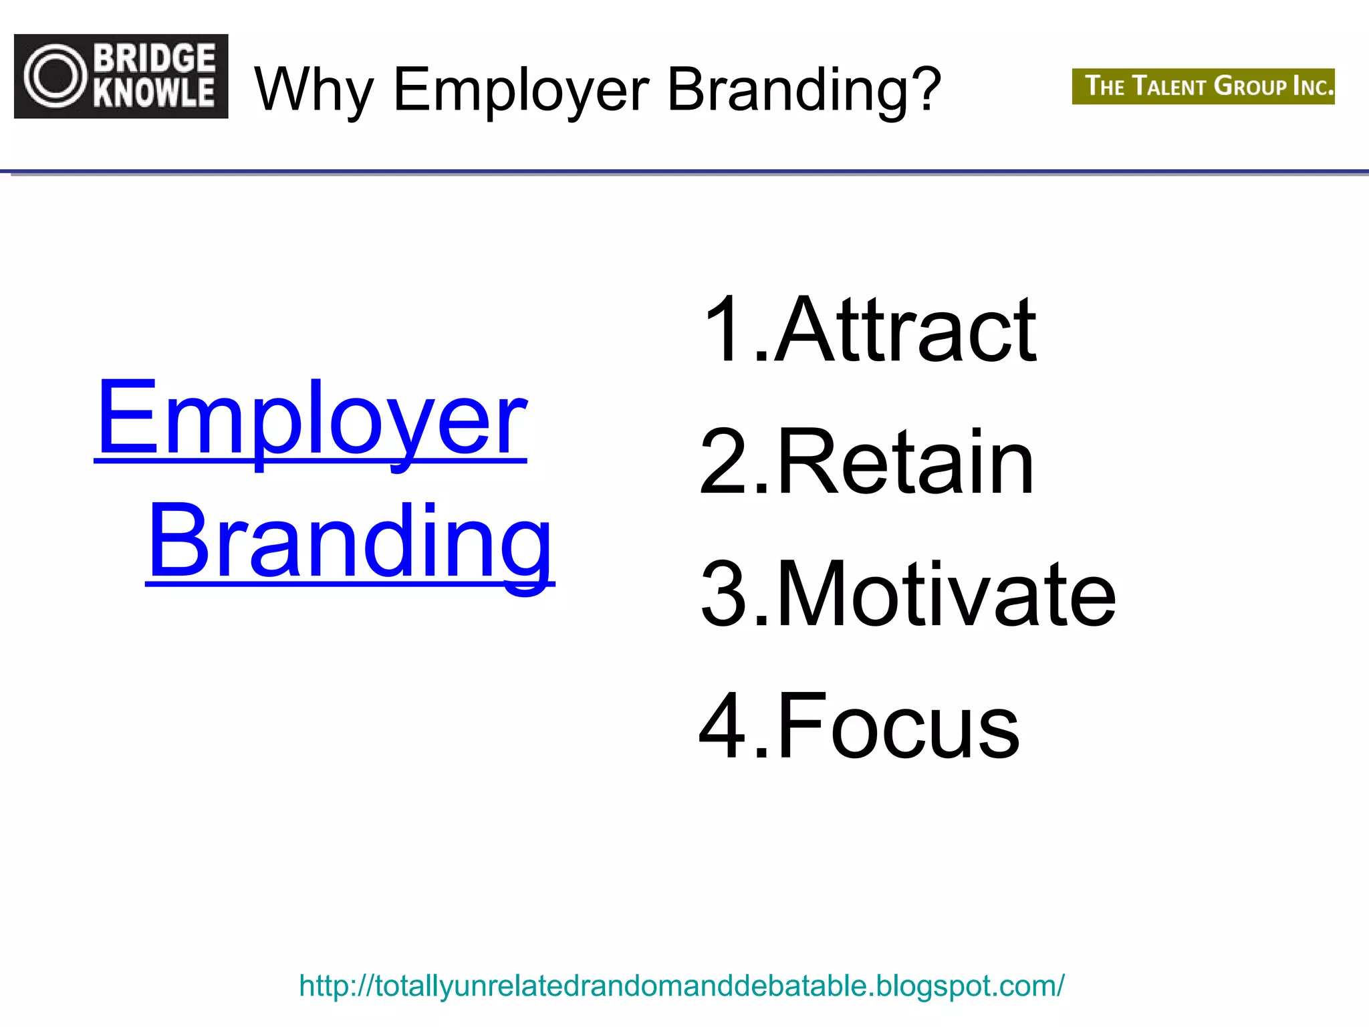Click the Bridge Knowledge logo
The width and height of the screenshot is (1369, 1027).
tap(121, 76)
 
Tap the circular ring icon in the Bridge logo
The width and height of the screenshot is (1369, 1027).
tap(56, 76)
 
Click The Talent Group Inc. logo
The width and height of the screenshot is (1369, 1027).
tap(1203, 86)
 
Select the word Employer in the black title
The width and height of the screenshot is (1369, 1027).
tap(521, 90)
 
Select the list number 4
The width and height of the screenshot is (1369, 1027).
tap(722, 726)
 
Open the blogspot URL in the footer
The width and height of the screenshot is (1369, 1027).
tap(682, 986)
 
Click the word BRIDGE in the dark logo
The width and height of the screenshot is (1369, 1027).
tap(154, 58)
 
